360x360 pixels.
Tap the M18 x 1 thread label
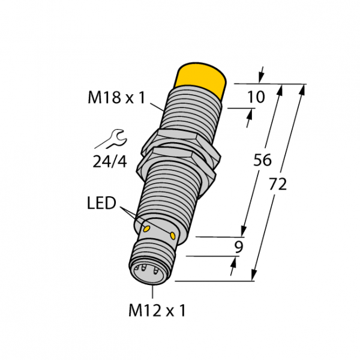[116, 97]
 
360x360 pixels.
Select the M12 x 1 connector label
[157, 310]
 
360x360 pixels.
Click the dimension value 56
[262, 160]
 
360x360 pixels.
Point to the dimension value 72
[278, 184]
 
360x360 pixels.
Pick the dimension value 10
[256, 97]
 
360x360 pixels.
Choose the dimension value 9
[239, 247]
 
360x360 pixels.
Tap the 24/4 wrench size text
[110, 161]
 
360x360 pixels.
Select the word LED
[101, 203]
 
